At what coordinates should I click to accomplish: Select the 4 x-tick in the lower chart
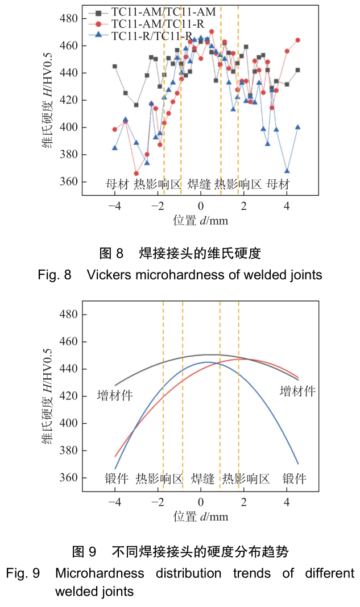point(287,501)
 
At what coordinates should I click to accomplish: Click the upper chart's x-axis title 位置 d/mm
point(200,220)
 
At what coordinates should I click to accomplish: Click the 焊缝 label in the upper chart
point(199,184)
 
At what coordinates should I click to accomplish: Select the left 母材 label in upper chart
point(118,184)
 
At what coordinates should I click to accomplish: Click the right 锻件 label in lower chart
point(295,478)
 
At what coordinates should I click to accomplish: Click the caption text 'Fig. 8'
point(55,275)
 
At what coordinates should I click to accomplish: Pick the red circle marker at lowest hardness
point(136,174)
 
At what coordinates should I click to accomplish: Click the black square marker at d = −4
point(115,66)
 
